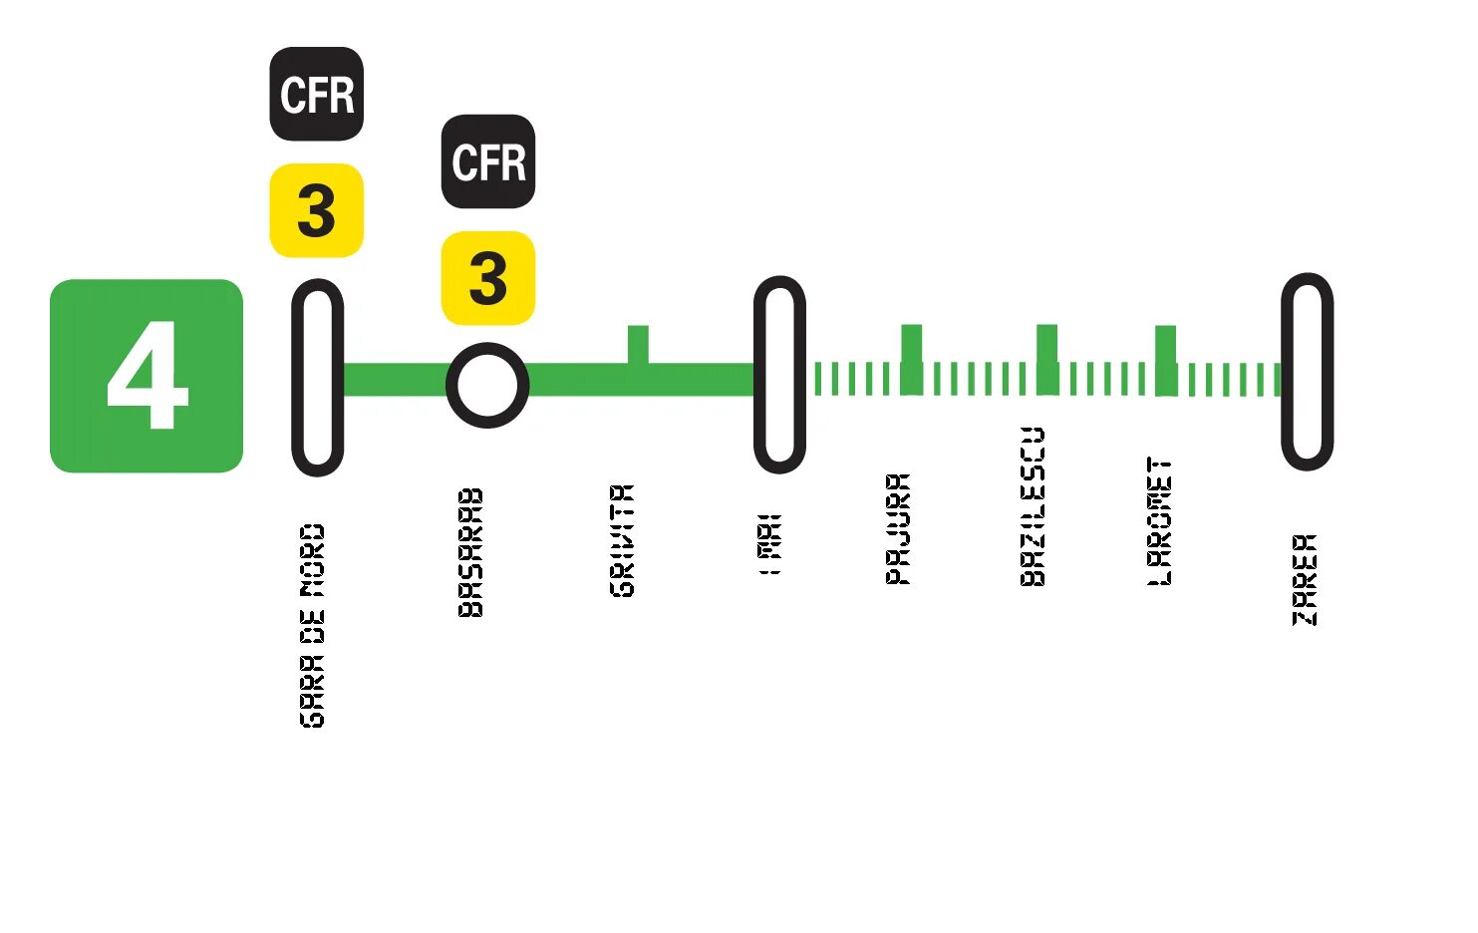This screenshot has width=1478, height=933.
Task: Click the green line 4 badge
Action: tap(147, 376)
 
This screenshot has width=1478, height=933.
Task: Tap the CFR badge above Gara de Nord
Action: tap(317, 95)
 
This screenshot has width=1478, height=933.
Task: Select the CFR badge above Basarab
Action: tap(488, 161)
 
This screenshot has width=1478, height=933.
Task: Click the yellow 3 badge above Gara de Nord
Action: tap(317, 211)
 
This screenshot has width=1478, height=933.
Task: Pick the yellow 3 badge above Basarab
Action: tap(488, 278)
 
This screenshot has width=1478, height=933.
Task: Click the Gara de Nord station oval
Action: tap(317, 378)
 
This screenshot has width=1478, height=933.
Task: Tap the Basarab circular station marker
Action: tap(487, 385)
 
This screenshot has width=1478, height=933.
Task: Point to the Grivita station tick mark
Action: tap(638, 344)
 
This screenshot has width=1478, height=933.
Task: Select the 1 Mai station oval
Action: tap(779, 375)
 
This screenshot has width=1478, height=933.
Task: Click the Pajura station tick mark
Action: tap(911, 344)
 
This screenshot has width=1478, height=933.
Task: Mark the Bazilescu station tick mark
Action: tap(1046, 344)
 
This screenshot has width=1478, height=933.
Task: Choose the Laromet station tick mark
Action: tap(1165, 345)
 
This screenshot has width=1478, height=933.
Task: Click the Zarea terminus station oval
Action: tap(1307, 372)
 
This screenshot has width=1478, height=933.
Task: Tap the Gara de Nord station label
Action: tap(313, 626)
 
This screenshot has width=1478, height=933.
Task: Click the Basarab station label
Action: tap(470, 552)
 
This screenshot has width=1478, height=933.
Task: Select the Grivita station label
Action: tap(622, 540)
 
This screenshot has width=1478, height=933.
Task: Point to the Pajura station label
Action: tap(898, 528)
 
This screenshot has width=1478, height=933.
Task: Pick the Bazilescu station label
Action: tap(1034, 506)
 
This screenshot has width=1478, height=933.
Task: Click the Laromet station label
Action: tap(1160, 521)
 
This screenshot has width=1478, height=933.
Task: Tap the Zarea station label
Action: tap(1305, 579)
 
